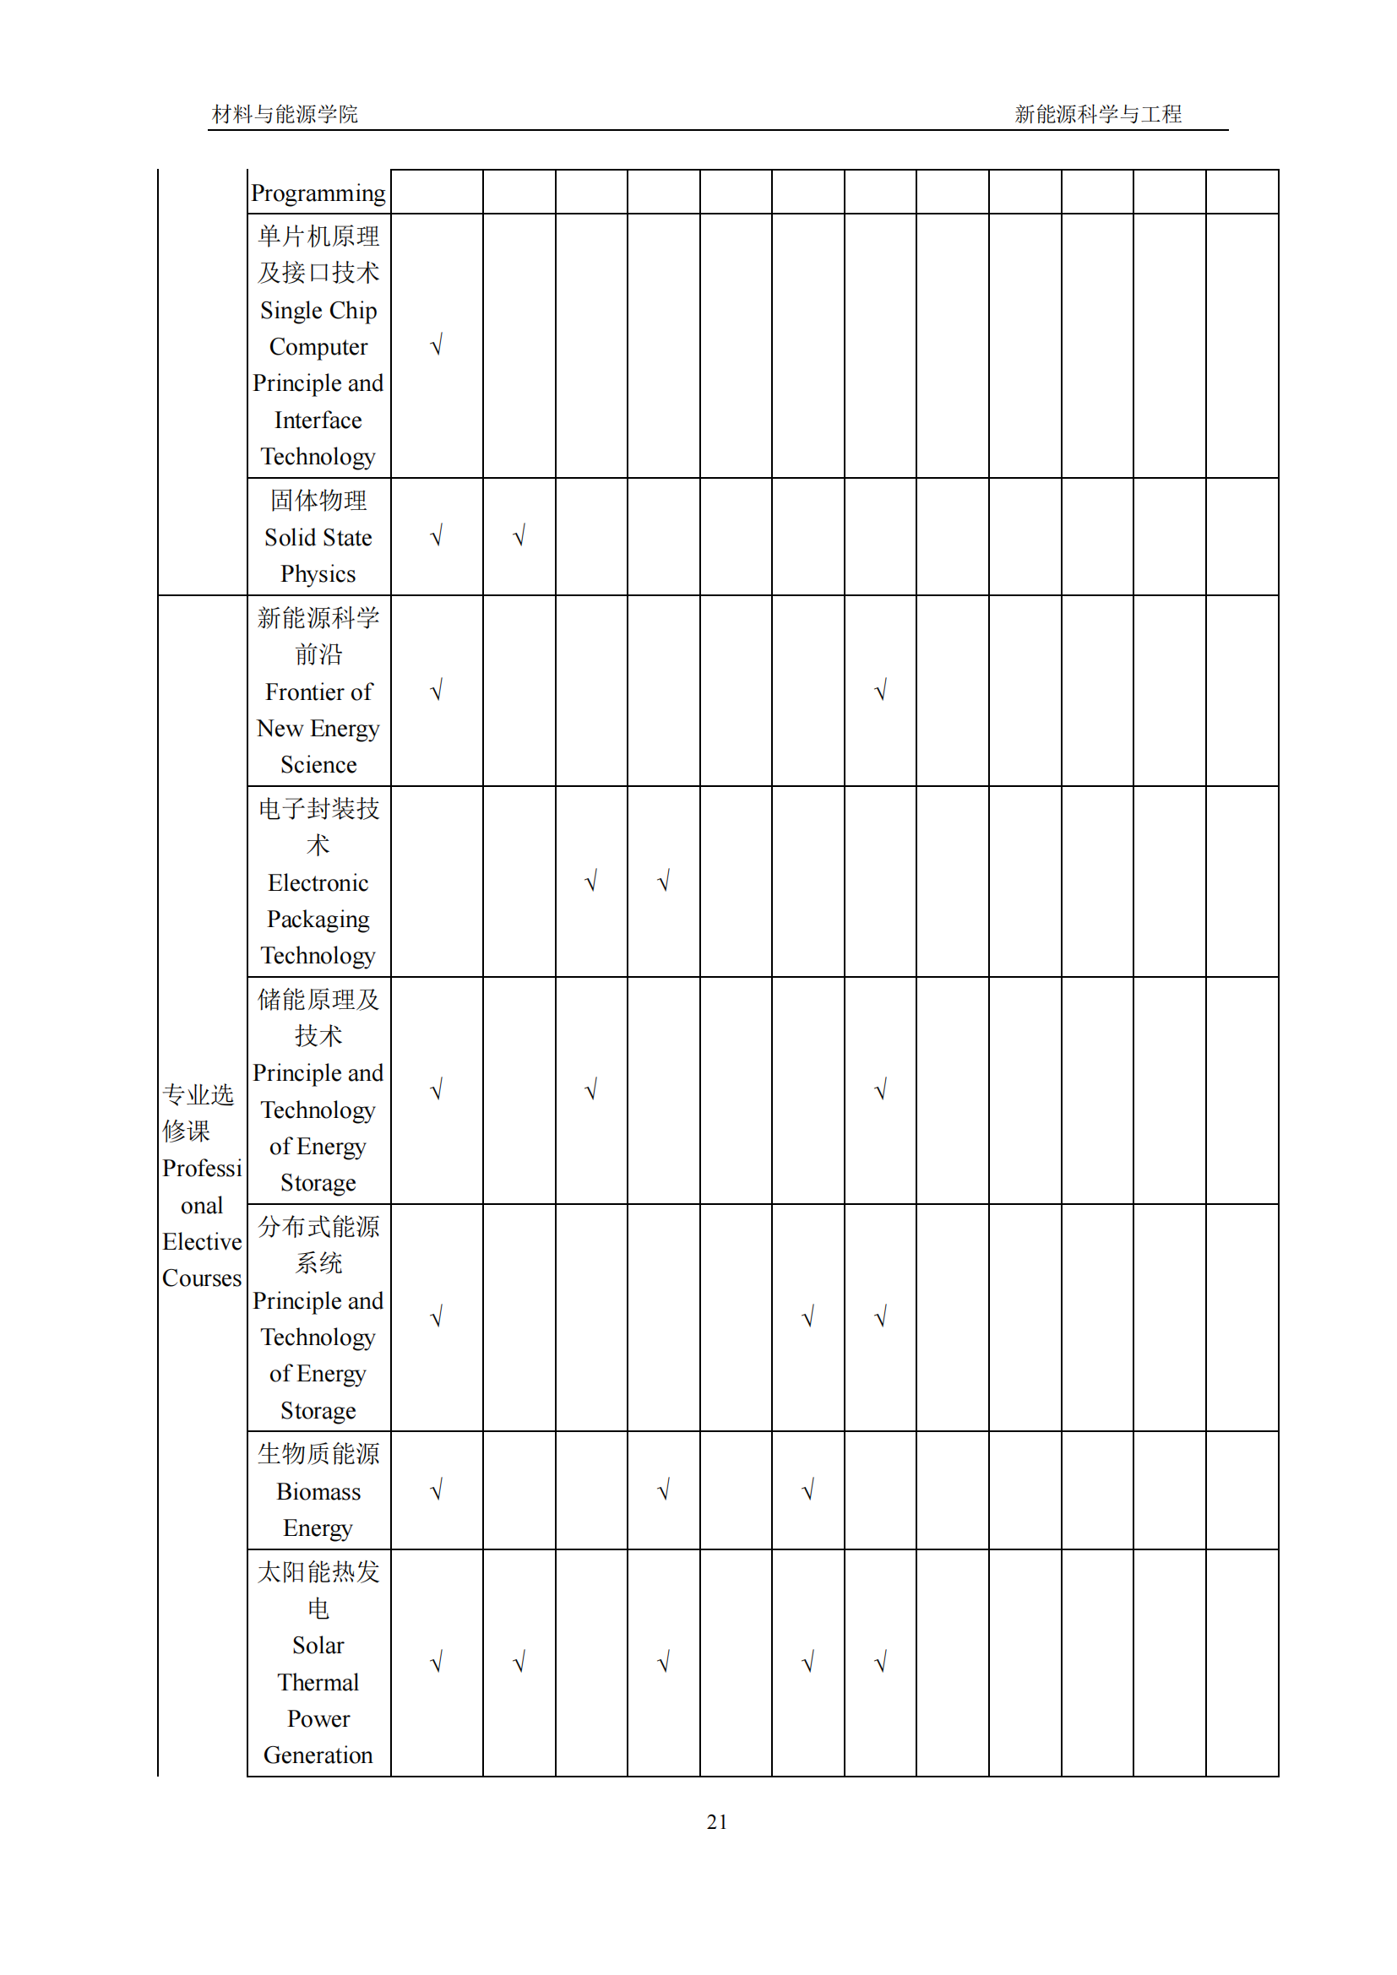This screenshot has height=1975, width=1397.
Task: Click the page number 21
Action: point(716,1822)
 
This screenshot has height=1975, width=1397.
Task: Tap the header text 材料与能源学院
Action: point(285,114)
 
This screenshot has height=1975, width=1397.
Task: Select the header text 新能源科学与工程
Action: point(1098,114)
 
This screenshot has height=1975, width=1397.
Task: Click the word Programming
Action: point(318,193)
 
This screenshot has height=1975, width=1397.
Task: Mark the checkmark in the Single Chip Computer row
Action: point(437,346)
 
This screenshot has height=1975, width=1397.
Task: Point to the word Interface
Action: point(318,420)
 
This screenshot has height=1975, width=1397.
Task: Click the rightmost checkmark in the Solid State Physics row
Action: point(519,537)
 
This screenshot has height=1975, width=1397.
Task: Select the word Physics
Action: point(318,573)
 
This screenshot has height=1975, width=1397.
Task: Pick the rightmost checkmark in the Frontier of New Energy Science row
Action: point(881,691)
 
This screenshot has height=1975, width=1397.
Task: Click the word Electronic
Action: point(318,882)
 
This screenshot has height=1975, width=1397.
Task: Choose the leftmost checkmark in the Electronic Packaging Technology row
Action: point(591,882)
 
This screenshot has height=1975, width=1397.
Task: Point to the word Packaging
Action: point(318,920)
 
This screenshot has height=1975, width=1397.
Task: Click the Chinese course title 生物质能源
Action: point(318,1454)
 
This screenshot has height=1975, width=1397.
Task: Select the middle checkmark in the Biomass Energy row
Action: point(663,1490)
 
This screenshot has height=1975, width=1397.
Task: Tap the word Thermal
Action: point(318,1682)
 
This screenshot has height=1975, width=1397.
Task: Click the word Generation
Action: point(318,1755)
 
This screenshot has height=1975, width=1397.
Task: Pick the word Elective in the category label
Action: point(202,1242)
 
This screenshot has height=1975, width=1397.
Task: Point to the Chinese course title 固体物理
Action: point(318,500)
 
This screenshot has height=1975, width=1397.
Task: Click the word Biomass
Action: point(318,1491)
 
